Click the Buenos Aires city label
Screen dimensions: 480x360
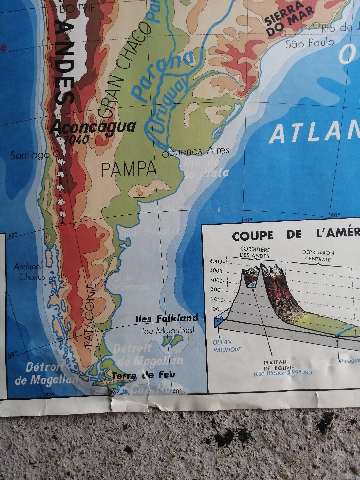[199, 150]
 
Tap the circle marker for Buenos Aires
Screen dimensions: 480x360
[165, 155]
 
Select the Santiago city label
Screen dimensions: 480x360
[30, 156]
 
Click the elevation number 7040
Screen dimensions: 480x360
[76, 139]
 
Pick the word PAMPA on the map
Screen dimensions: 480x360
[129, 169]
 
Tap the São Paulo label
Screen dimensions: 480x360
[309, 43]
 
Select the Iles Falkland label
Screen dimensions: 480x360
[166, 318]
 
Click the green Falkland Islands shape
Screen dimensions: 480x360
[173, 340]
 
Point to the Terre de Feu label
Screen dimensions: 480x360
[143, 375]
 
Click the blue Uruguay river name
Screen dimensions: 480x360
[168, 106]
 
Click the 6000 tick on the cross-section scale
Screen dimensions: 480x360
[216, 261]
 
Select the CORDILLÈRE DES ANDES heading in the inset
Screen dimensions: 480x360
[255, 252]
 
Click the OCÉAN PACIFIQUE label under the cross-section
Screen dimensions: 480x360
[227, 346]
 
